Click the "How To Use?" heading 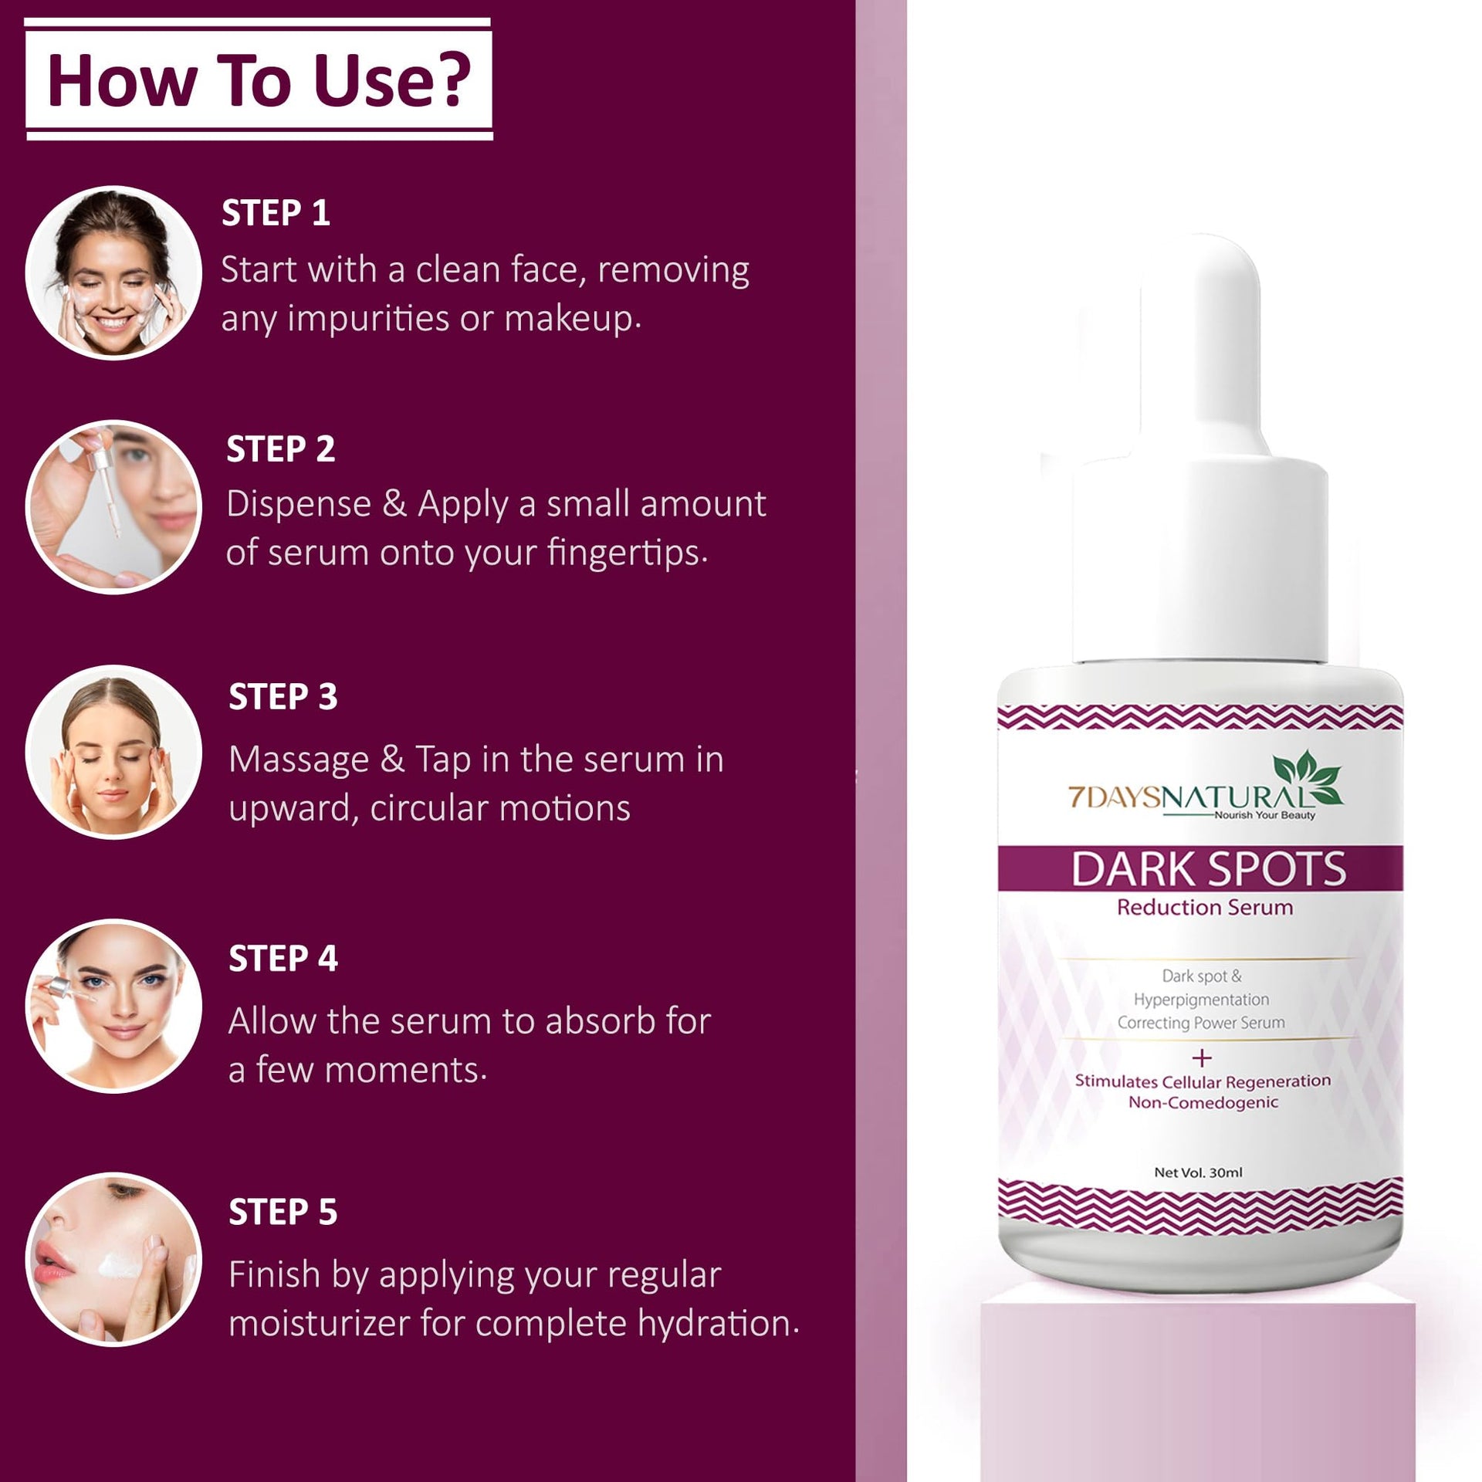click(259, 80)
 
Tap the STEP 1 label click(276, 214)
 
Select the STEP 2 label click(280, 449)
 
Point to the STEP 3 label click(283, 697)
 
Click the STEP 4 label click(283, 959)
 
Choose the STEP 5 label click(283, 1213)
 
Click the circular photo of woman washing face click(113, 272)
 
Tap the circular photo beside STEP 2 click(113, 507)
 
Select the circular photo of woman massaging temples click(113, 752)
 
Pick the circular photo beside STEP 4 click(113, 1006)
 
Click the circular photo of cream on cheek click(113, 1260)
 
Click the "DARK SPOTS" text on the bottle click(1208, 868)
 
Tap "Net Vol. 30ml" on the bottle click(1199, 1172)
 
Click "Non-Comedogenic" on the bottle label click(1203, 1103)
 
